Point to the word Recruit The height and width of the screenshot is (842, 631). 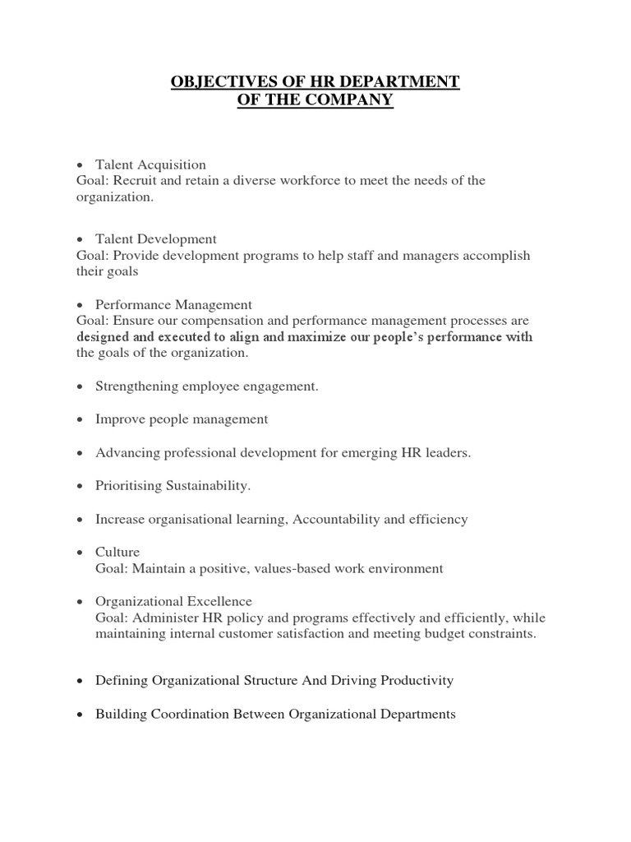(x=133, y=181)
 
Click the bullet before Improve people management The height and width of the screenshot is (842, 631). (x=80, y=420)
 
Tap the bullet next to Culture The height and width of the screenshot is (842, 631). (x=80, y=553)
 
